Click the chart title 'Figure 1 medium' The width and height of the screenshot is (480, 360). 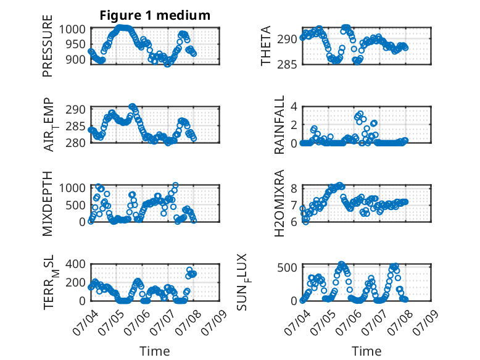pyautogui.click(x=155, y=15)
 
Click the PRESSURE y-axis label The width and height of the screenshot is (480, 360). pyautogui.click(x=48, y=46)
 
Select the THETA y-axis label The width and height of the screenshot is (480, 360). pyautogui.click(x=266, y=46)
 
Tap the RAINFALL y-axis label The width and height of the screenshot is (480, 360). pyautogui.click(x=279, y=125)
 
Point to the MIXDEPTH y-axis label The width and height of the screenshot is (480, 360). pyautogui.click(x=48, y=204)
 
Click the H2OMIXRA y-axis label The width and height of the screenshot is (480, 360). pyautogui.click(x=279, y=203)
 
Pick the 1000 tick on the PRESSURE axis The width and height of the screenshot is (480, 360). pyautogui.click(x=72, y=30)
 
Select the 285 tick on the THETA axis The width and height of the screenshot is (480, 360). pyautogui.click(x=287, y=65)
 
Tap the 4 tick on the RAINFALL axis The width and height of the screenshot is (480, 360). pyautogui.click(x=294, y=107)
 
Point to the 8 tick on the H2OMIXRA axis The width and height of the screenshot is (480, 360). pyautogui.click(x=294, y=188)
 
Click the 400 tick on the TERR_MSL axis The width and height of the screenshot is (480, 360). pyautogui.click(x=76, y=264)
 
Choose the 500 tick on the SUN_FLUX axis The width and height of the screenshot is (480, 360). pyautogui.click(x=287, y=267)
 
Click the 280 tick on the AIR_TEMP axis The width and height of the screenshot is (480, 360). pyautogui.click(x=76, y=143)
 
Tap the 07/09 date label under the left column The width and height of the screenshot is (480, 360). pyautogui.click(x=214, y=322)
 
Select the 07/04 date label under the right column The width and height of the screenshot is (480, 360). pyautogui.click(x=296, y=322)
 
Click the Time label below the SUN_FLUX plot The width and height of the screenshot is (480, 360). pyautogui.click(x=366, y=351)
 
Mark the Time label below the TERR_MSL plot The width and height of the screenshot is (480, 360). pyautogui.click(x=155, y=351)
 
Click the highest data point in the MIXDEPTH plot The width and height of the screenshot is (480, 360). pyautogui.click(x=175, y=185)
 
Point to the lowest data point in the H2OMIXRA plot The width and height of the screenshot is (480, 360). pyautogui.click(x=305, y=222)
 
